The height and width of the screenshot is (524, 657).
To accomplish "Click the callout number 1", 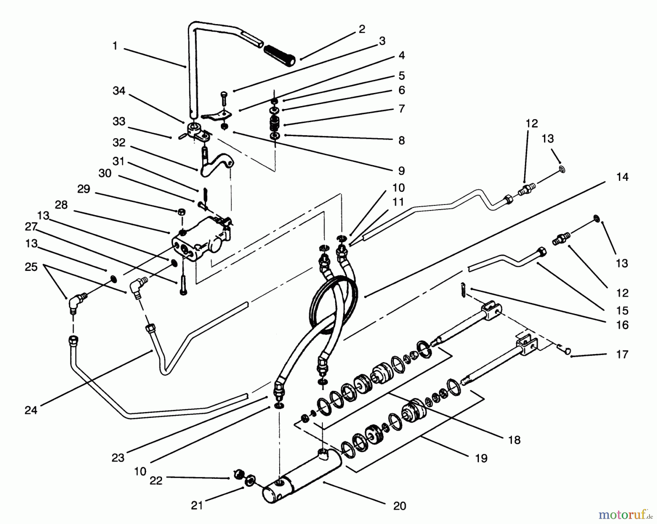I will (x=115, y=46).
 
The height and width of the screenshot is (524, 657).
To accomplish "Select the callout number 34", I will (x=119, y=91).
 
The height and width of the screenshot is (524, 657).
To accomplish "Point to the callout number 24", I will (x=31, y=411).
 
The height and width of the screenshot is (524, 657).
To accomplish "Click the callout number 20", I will (x=400, y=506).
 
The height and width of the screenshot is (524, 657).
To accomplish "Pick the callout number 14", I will (x=622, y=177).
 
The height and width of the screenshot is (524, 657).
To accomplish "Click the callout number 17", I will (x=622, y=354).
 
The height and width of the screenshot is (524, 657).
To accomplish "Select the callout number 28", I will (x=61, y=205).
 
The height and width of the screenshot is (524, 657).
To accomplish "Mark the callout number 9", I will (x=401, y=170).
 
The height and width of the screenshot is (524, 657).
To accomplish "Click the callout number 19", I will (x=481, y=458).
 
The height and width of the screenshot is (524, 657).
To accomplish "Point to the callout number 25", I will (x=31, y=267).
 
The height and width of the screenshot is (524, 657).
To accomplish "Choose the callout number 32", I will (x=119, y=143).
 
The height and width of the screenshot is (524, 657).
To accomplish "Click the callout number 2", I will (x=362, y=29).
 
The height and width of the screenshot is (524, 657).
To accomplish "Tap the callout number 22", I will (x=156, y=481).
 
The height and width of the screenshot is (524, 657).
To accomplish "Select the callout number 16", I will (x=622, y=325).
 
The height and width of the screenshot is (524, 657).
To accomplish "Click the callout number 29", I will (x=84, y=189).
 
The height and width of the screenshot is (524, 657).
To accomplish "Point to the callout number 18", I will (x=514, y=440).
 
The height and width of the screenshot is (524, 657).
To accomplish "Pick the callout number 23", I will (x=118, y=458).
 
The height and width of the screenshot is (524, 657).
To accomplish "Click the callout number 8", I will (x=401, y=140).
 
